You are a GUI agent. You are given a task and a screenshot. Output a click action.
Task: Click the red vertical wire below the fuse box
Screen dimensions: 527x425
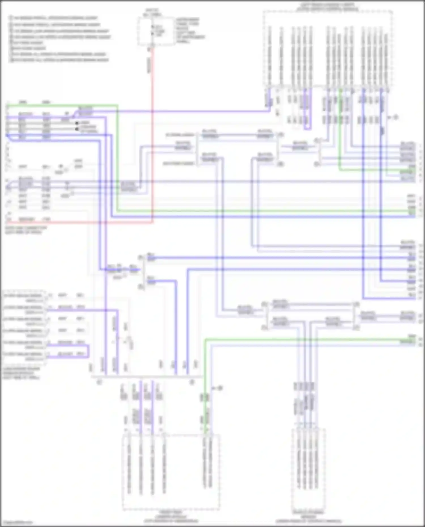[x=152, y=127]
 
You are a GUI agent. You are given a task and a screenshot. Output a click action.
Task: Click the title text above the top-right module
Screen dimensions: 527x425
[x=327, y=7]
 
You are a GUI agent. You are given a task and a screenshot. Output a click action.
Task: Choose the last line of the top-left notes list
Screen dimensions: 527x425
[x=59, y=60]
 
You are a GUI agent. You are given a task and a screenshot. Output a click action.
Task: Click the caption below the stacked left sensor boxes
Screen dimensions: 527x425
[x=21, y=373]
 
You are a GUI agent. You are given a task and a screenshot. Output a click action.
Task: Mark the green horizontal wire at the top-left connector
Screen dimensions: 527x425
[x=62, y=105]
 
